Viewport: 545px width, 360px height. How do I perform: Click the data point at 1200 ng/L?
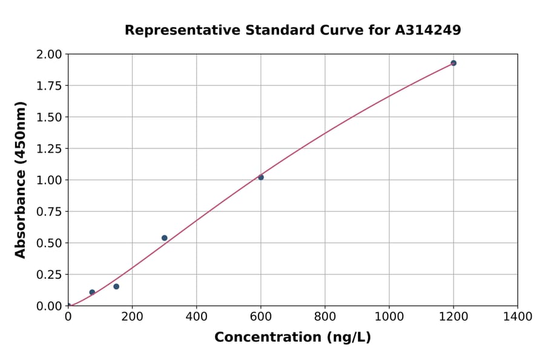[453, 63]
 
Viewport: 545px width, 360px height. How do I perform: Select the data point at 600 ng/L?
[261, 178]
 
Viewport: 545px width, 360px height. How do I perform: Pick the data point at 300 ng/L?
[165, 238]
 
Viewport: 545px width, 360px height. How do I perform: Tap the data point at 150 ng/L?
[116, 287]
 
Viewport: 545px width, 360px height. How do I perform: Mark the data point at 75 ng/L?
[92, 292]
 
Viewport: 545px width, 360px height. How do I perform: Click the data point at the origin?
[68, 305]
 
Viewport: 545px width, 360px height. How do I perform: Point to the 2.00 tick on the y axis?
[49, 55]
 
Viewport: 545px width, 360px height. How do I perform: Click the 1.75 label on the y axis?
[49, 86]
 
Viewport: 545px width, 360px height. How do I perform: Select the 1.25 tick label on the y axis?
[49, 148]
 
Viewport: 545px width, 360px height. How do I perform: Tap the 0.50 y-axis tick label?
[49, 243]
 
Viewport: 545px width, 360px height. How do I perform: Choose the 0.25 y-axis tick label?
[49, 275]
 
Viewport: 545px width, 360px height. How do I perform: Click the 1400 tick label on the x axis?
[517, 317]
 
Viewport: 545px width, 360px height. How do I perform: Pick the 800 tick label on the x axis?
[325, 317]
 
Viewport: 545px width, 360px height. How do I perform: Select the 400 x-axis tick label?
[196, 317]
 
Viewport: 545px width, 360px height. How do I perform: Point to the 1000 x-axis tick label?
[389, 317]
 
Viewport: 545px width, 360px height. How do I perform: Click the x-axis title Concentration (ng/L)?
[292, 338]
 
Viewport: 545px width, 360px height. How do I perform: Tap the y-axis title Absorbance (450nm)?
[21, 180]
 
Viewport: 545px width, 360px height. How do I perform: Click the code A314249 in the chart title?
[428, 30]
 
